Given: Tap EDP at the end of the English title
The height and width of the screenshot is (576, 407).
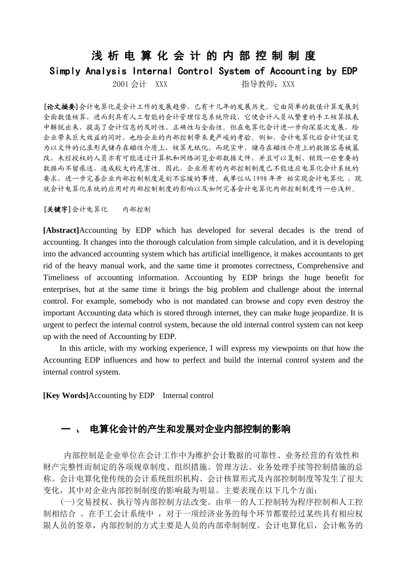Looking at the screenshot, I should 350,71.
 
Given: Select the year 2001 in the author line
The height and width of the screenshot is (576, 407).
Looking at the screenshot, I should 121,84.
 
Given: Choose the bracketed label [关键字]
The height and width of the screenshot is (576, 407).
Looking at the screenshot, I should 57,210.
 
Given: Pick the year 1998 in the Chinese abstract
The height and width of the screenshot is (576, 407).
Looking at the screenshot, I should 262,179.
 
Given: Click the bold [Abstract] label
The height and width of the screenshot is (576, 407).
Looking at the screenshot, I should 61,231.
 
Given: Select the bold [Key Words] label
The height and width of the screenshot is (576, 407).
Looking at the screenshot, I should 66,396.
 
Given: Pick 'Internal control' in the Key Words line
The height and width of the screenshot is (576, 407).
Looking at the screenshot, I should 188,396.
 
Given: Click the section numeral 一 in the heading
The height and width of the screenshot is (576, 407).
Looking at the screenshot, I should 66,429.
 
